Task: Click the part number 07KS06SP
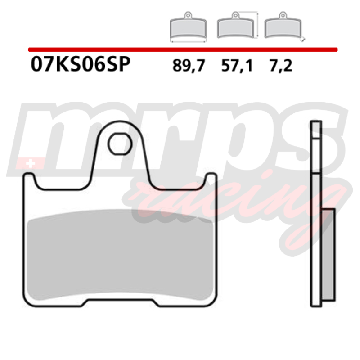81,64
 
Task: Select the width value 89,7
189,66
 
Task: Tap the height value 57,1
237,66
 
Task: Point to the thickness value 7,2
281,66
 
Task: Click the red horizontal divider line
183,49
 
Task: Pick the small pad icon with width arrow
188,27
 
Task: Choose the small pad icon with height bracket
238,25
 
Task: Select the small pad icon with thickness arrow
284,26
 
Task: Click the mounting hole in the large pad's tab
120,144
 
